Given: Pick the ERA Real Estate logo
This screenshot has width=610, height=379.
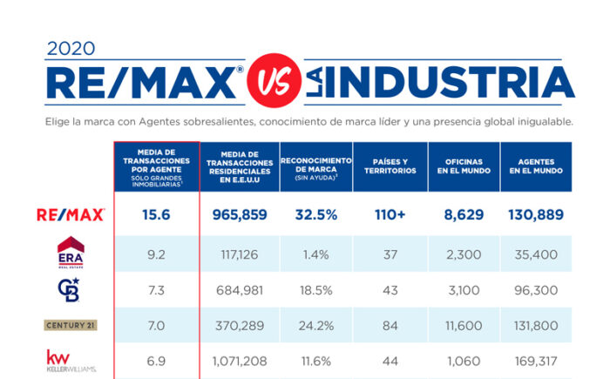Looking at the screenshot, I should [x=71, y=251].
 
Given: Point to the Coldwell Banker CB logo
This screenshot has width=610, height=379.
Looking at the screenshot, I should [x=71, y=288].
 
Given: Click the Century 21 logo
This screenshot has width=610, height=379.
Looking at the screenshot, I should [x=71, y=325].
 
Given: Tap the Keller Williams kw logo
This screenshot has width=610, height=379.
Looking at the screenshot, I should [x=71, y=360].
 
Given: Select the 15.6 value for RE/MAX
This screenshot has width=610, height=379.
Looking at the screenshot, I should [x=157, y=214].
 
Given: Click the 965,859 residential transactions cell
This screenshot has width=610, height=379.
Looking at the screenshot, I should [x=239, y=214].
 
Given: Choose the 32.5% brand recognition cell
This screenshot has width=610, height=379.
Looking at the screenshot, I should [x=315, y=214].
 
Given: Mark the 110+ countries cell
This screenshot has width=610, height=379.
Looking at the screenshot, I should [x=390, y=214].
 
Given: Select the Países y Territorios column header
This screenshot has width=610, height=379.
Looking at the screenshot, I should [x=390, y=166].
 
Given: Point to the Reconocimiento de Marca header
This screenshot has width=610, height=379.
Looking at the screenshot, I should [x=315, y=165].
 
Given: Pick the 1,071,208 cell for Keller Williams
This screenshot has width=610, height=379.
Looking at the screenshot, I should [x=239, y=360].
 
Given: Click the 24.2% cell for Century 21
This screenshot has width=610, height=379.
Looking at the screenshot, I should [x=315, y=324].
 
